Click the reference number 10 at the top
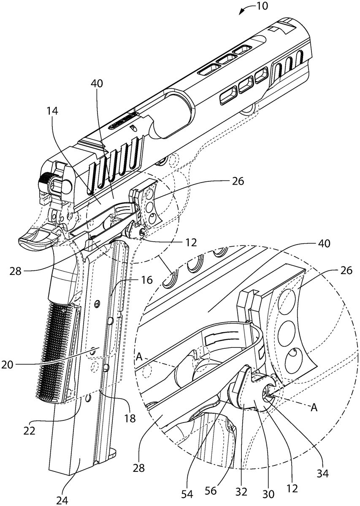coord(262,7)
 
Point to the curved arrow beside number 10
coord(246,9)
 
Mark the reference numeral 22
coord(30,431)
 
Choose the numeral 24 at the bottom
coord(62,500)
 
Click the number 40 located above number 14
coord(97,84)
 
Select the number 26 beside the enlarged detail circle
coord(345,270)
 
